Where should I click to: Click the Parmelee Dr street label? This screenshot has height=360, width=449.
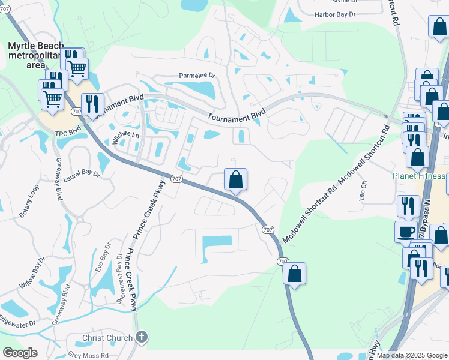[197, 76]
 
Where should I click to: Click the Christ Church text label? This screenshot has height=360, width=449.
[107, 338]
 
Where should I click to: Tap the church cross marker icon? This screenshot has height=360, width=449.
[141, 337]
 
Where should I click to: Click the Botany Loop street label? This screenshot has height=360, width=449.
[28, 206]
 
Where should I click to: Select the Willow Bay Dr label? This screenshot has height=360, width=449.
[32, 273]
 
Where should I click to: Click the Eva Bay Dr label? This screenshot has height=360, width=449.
[103, 259]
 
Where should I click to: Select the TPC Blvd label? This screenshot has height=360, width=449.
[68, 131]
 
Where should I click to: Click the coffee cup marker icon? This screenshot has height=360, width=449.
[406, 231]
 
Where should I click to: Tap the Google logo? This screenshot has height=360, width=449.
[20, 353]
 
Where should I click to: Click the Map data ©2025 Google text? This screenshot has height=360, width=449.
[412, 355]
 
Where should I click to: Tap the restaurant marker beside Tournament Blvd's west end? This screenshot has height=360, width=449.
[92, 103]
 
